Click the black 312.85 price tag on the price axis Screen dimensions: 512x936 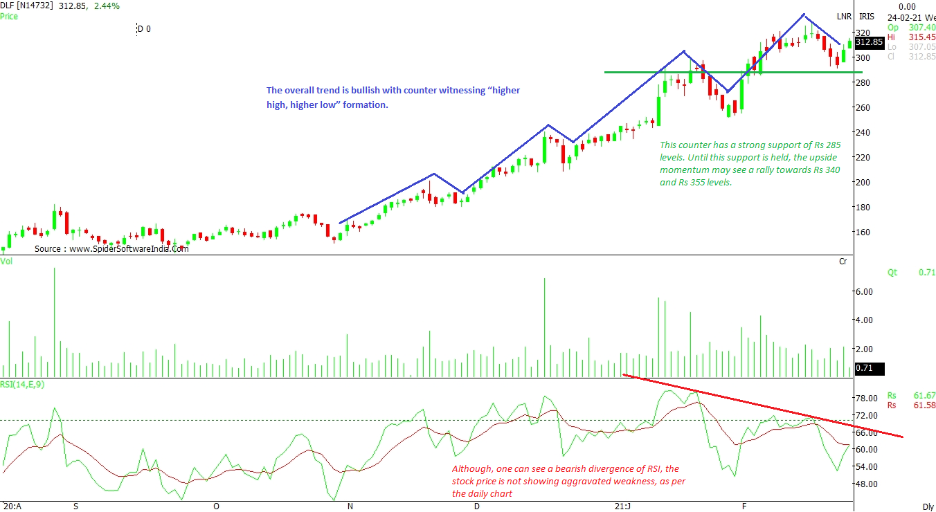tap(869, 42)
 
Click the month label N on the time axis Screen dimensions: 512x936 tap(350, 506)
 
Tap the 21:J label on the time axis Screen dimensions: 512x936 tap(624, 506)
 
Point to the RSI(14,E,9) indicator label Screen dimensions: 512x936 tap(23, 385)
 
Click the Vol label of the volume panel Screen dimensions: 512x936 tap(6, 262)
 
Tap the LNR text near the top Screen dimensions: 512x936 tap(844, 16)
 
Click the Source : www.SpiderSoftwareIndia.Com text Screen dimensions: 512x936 tap(111, 248)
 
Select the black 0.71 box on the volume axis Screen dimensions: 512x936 tap(868, 368)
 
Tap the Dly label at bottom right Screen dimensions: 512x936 tap(928, 506)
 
